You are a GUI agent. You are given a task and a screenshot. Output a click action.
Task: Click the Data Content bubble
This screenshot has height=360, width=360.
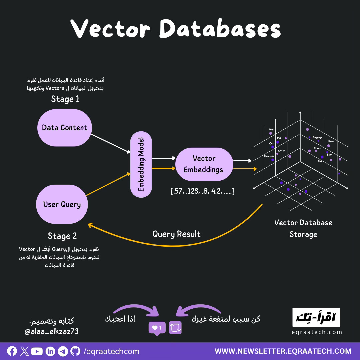coord(64,128)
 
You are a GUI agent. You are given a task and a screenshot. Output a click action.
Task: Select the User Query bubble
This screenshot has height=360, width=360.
coord(62,204)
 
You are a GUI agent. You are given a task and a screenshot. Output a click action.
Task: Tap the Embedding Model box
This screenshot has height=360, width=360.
coord(141,164)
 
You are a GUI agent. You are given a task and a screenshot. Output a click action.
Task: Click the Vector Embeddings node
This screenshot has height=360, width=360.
coord(204,164)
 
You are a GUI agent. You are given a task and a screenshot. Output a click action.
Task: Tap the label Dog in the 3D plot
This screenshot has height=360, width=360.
coord(271,130)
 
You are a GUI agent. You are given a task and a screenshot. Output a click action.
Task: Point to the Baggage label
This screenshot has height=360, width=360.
coord(317,137)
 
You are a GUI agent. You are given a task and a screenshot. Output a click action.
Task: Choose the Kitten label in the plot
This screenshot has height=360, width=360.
coord(281,151)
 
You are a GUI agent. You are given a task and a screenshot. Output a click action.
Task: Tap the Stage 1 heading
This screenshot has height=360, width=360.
coord(65,99)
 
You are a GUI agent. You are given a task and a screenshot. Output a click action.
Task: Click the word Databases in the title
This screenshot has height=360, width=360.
coord(220,29)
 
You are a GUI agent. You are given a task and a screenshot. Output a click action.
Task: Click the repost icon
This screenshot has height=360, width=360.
coord(175,328)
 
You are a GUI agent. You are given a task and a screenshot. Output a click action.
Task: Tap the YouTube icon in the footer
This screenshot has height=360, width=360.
coord(37,351)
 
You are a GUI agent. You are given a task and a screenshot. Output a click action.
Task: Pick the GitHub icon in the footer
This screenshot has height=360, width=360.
coord(75,351)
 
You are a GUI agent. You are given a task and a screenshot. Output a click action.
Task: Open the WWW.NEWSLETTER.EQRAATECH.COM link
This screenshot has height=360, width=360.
coord(283,351)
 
